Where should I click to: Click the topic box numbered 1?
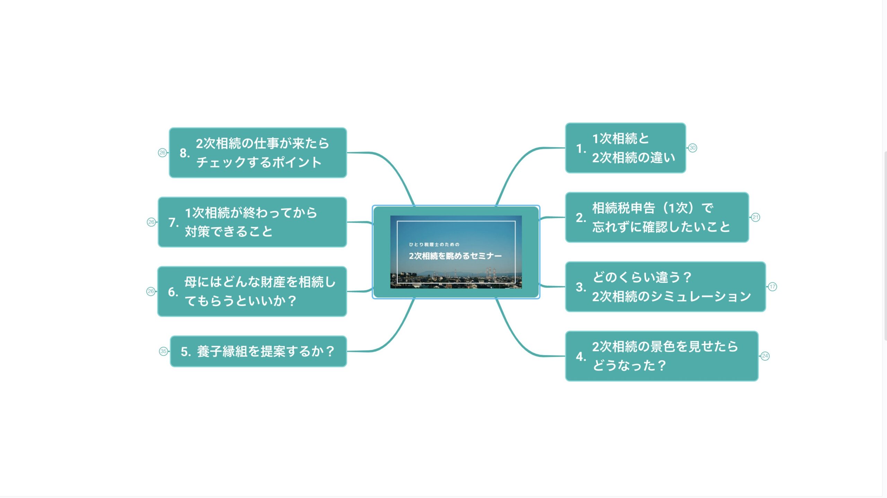click(x=625, y=148)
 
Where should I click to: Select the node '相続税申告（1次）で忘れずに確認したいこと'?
click(x=657, y=217)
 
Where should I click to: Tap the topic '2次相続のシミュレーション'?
click(x=665, y=287)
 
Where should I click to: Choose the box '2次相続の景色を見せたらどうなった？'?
click(x=662, y=356)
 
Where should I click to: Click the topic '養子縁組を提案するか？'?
click(x=258, y=351)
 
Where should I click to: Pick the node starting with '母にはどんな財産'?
click(x=252, y=291)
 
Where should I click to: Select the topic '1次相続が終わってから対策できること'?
click(x=252, y=222)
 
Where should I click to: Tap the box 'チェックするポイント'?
click(x=258, y=153)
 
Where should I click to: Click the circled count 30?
click(x=692, y=148)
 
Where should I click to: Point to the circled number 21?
click(x=755, y=217)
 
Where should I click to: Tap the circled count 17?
click(x=772, y=287)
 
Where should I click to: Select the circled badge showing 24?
click(x=765, y=356)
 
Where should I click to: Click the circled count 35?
click(x=164, y=351)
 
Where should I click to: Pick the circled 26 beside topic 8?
click(x=162, y=153)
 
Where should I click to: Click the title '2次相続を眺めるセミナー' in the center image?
click(x=455, y=256)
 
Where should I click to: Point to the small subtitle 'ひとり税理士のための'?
click(x=434, y=244)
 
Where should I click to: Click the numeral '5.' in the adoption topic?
click(x=186, y=352)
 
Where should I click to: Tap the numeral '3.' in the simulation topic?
click(x=581, y=287)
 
